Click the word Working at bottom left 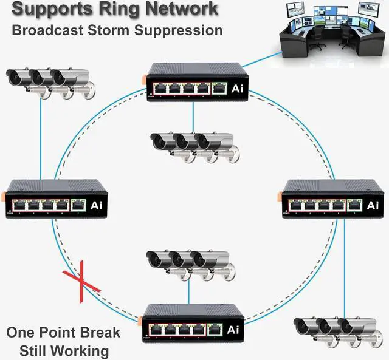(80, 350)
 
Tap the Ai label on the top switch (238, 89)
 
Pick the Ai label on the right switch (373, 205)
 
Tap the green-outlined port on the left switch (79, 205)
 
